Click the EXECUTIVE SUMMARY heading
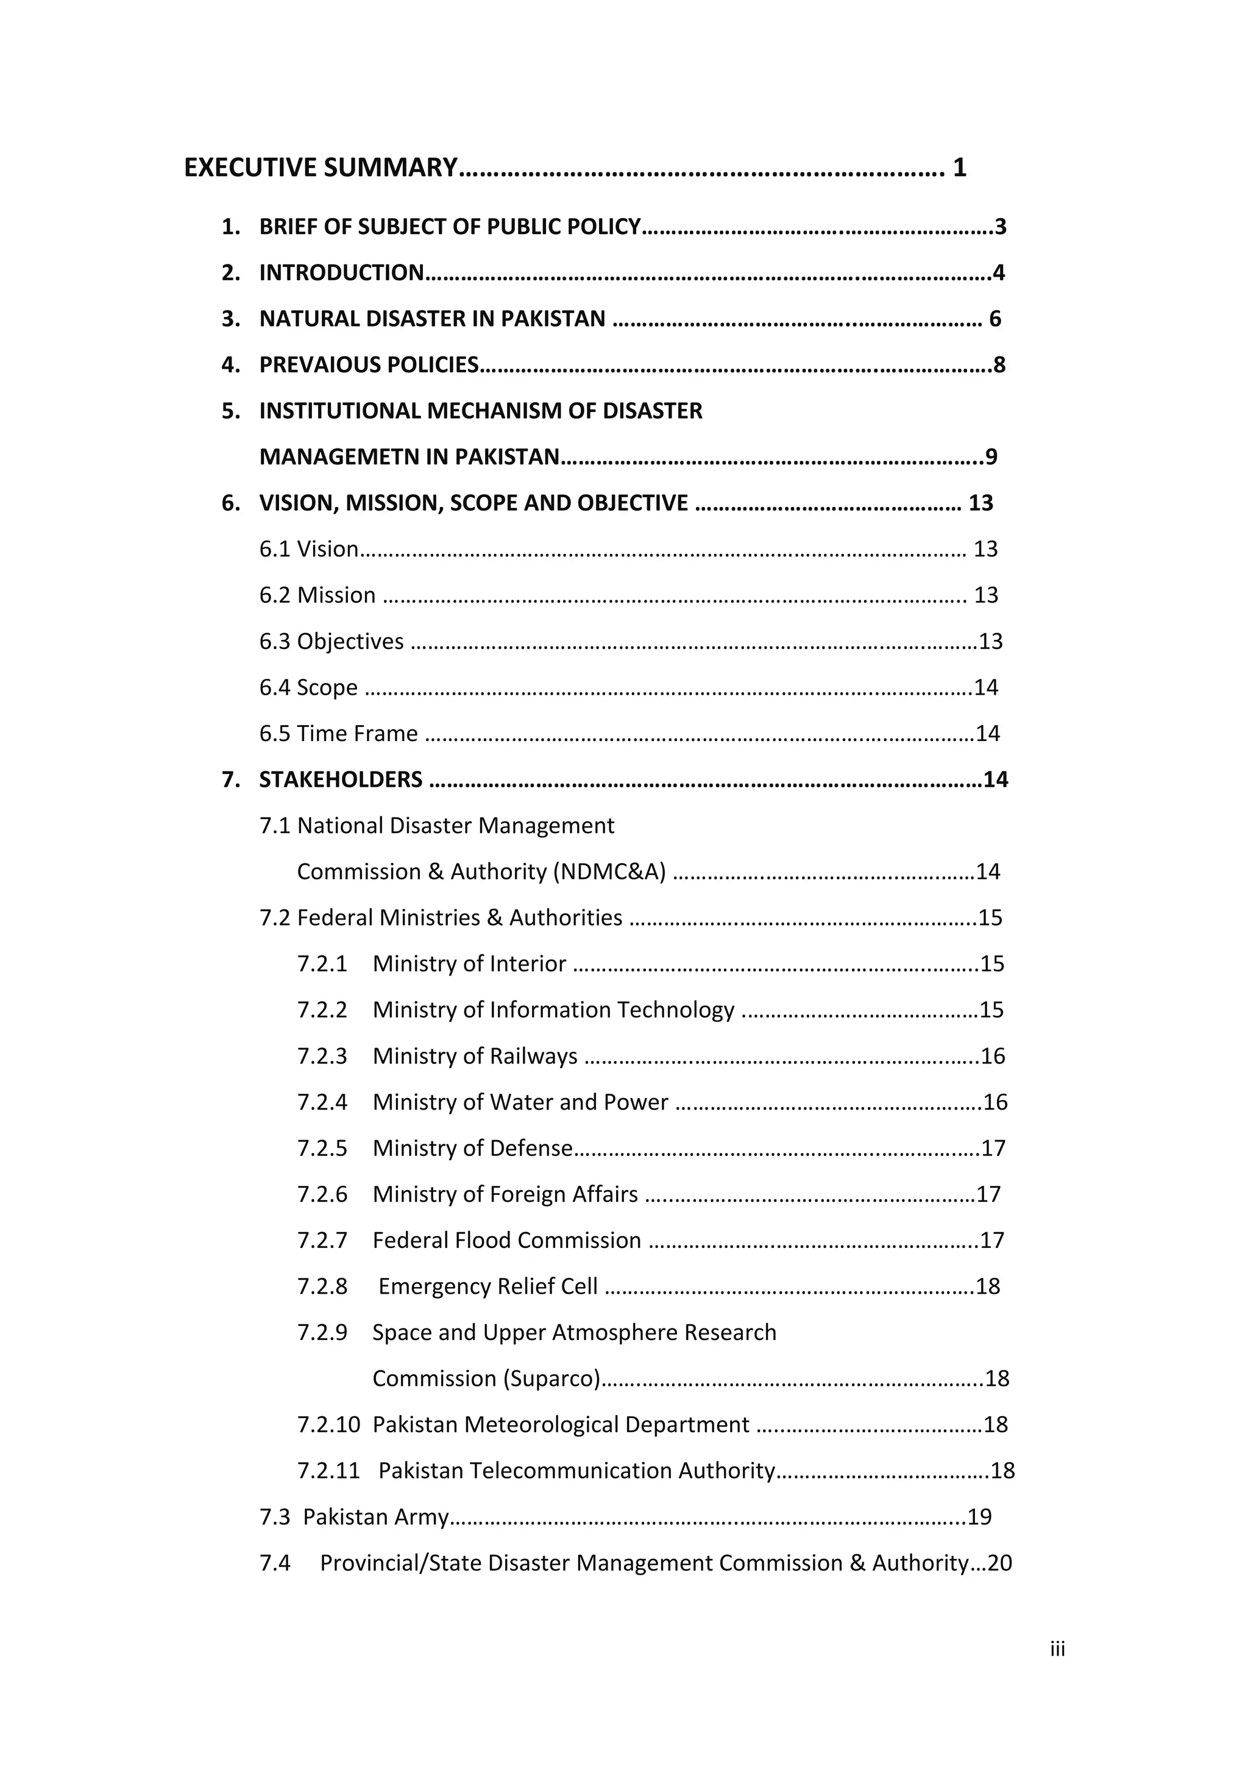tap(321, 168)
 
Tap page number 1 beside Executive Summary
tap(959, 168)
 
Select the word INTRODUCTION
tap(341, 273)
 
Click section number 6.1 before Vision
tap(275, 549)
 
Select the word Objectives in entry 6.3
tap(350, 642)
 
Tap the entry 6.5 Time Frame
tap(338, 734)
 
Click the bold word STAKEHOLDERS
tap(341, 780)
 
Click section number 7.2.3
tap(322, 1057)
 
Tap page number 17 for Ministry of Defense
tap(993, 1149)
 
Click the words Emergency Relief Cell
tap(487, 1287)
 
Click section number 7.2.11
tap(328, 1472)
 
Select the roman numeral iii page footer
tap(1057, 1649)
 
